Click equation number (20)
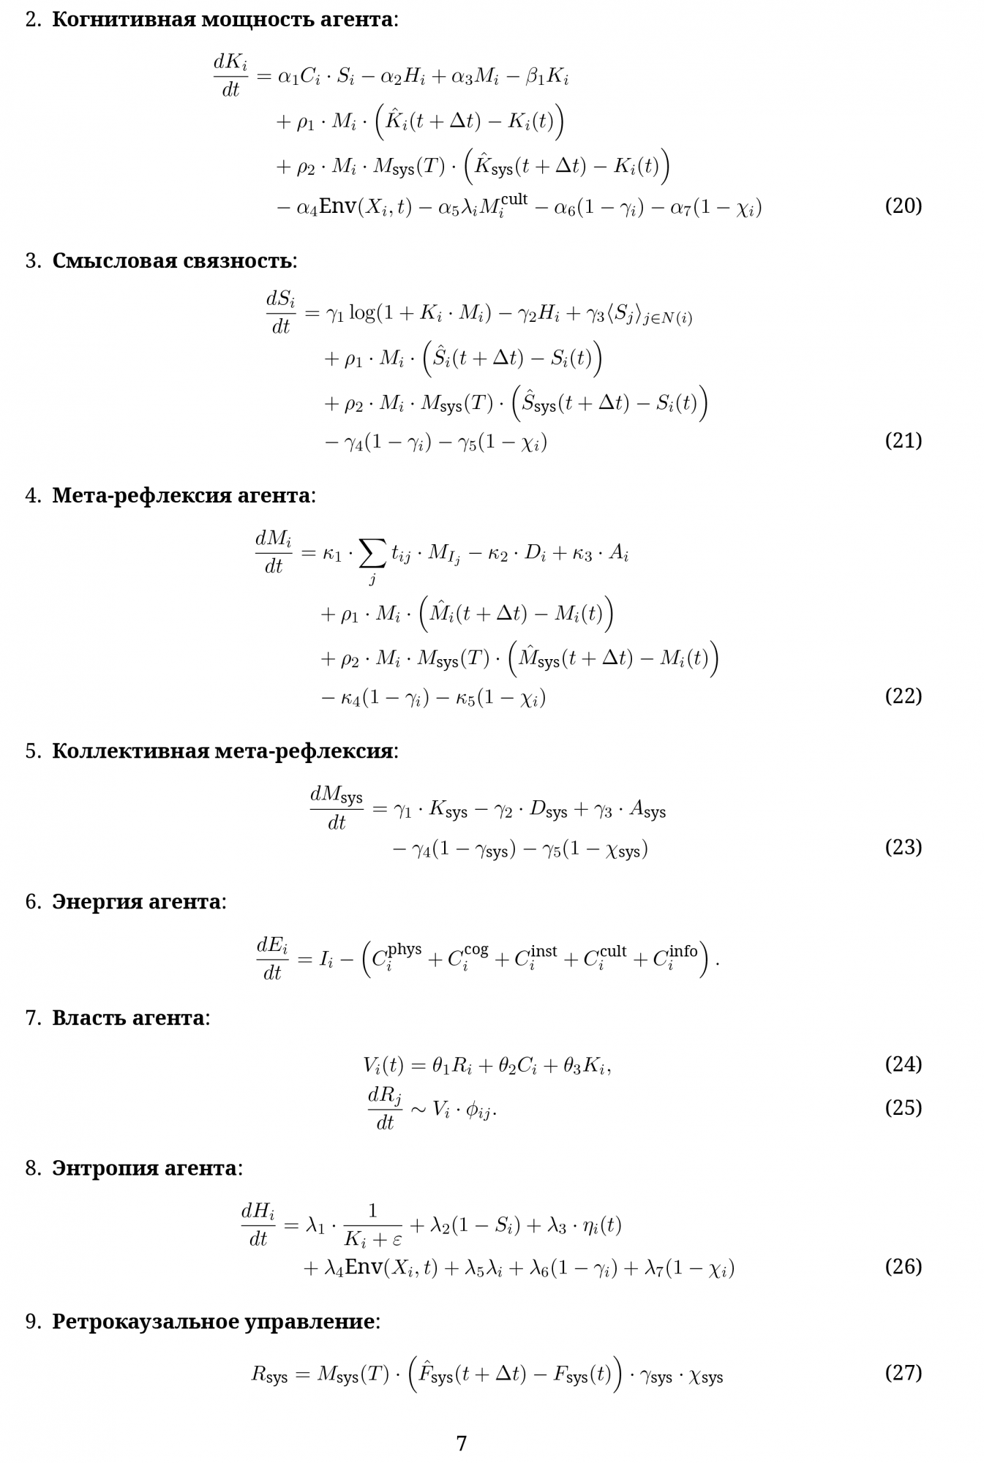(x=903, y=206)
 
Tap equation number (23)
(x=903, y=847)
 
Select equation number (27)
(x=903, y=1373)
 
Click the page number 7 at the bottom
(x=462, y=1443)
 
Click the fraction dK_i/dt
(x=230, y=76)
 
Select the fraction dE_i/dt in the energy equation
(x=272, y=958)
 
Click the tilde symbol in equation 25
(x=417, y=1109)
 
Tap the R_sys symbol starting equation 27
(x=269, y=1374)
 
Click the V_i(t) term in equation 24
(x=383, y=1066)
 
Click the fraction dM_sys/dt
(x=337, y=809)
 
